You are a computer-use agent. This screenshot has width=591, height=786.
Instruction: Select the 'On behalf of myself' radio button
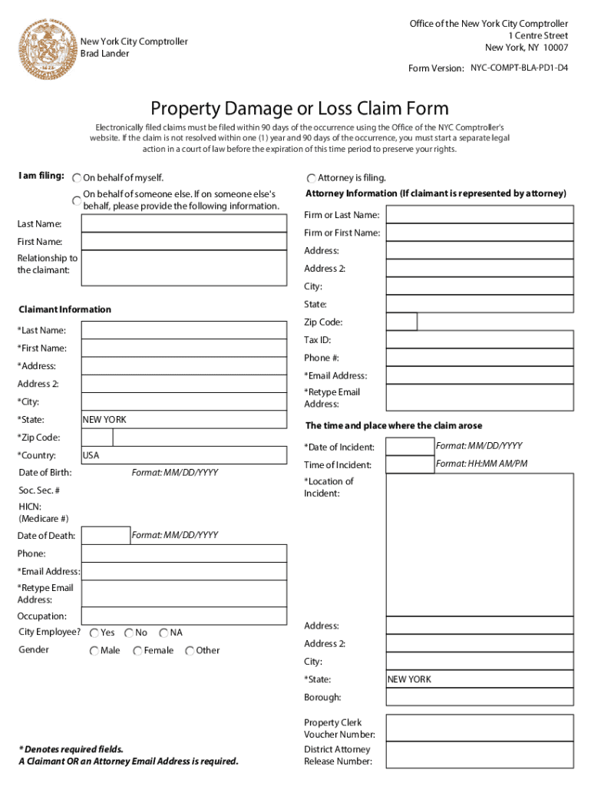click(x=77, y=178)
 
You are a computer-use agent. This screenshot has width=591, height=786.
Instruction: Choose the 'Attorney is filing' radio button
click(x=312, y=178)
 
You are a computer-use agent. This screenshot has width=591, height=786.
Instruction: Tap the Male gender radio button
click(x=94, y=651)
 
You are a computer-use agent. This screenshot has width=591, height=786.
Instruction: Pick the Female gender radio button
click(x=137, y=651)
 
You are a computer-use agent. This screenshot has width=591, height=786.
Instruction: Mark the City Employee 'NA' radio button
click(x=163, y=633)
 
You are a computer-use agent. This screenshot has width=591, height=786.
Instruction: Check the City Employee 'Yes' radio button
click(x=94, y=633)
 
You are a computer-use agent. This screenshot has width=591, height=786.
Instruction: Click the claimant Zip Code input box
click(x=97, y=438)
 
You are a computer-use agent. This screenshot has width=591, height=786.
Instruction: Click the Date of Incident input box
click(x=409, y=447)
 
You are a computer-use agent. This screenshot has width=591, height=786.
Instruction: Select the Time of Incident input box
click(x=409, y=464)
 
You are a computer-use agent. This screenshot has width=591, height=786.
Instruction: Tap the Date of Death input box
click(x=105, y=536)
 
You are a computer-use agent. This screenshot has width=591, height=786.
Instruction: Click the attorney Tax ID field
click(x=480, y=339)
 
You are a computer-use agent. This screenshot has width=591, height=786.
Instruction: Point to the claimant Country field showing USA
click(x=184, y=455)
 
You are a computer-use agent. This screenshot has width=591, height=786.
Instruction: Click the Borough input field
click(x=480, y=697)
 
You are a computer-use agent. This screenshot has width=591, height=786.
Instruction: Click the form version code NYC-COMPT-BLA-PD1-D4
click(x=520, y=68)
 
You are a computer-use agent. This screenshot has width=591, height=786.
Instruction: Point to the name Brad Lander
click(x=105, y=54)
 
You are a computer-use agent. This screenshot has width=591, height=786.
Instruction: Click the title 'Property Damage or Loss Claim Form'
click(x=299, y=108)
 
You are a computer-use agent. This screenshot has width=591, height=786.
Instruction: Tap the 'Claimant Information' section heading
click(x=64, y=309)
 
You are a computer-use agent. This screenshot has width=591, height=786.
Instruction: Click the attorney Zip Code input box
click(x=401, y=322)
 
